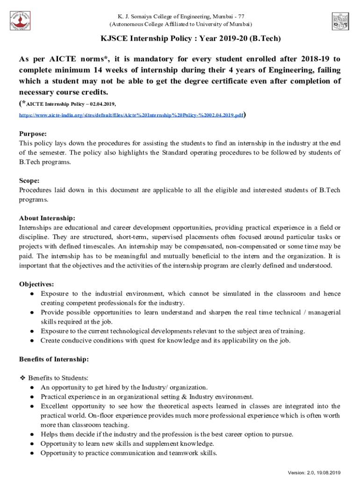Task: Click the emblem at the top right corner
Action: click(340, 21)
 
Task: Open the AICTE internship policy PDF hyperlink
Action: click(131, 114)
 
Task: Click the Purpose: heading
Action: click(32, 133)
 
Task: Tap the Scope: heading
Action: click(29, 180)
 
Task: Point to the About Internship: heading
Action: click(47, 218)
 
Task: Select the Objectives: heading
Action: click(36, 284)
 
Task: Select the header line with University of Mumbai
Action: click(180, 23)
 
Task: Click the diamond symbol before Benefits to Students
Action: click(22, 377)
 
